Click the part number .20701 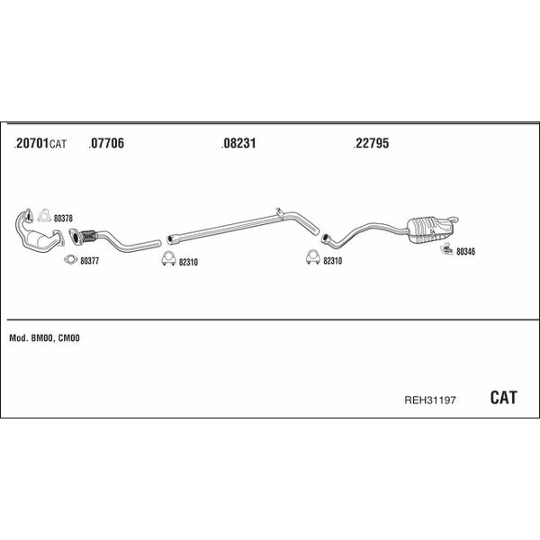click(31, 143)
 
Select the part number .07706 click(106, 143)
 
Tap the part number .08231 click(238, 143)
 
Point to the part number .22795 click(371, 143)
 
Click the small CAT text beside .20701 click(58, 144)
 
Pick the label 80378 click(63, 219)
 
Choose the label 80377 click(89, 261)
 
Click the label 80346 click(465, 252)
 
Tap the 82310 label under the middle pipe click(188, 263)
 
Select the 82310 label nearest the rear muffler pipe click(333, 261)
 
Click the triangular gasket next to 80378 click(44, 216)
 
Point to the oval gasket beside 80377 click(70, 260)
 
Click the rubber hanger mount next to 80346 click(446, 248)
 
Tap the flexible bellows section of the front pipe click(89, 236)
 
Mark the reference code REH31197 click(430, 400)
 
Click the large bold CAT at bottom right click(503, 398)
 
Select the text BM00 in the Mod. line click(42, 338)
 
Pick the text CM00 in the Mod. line click(69, 338)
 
